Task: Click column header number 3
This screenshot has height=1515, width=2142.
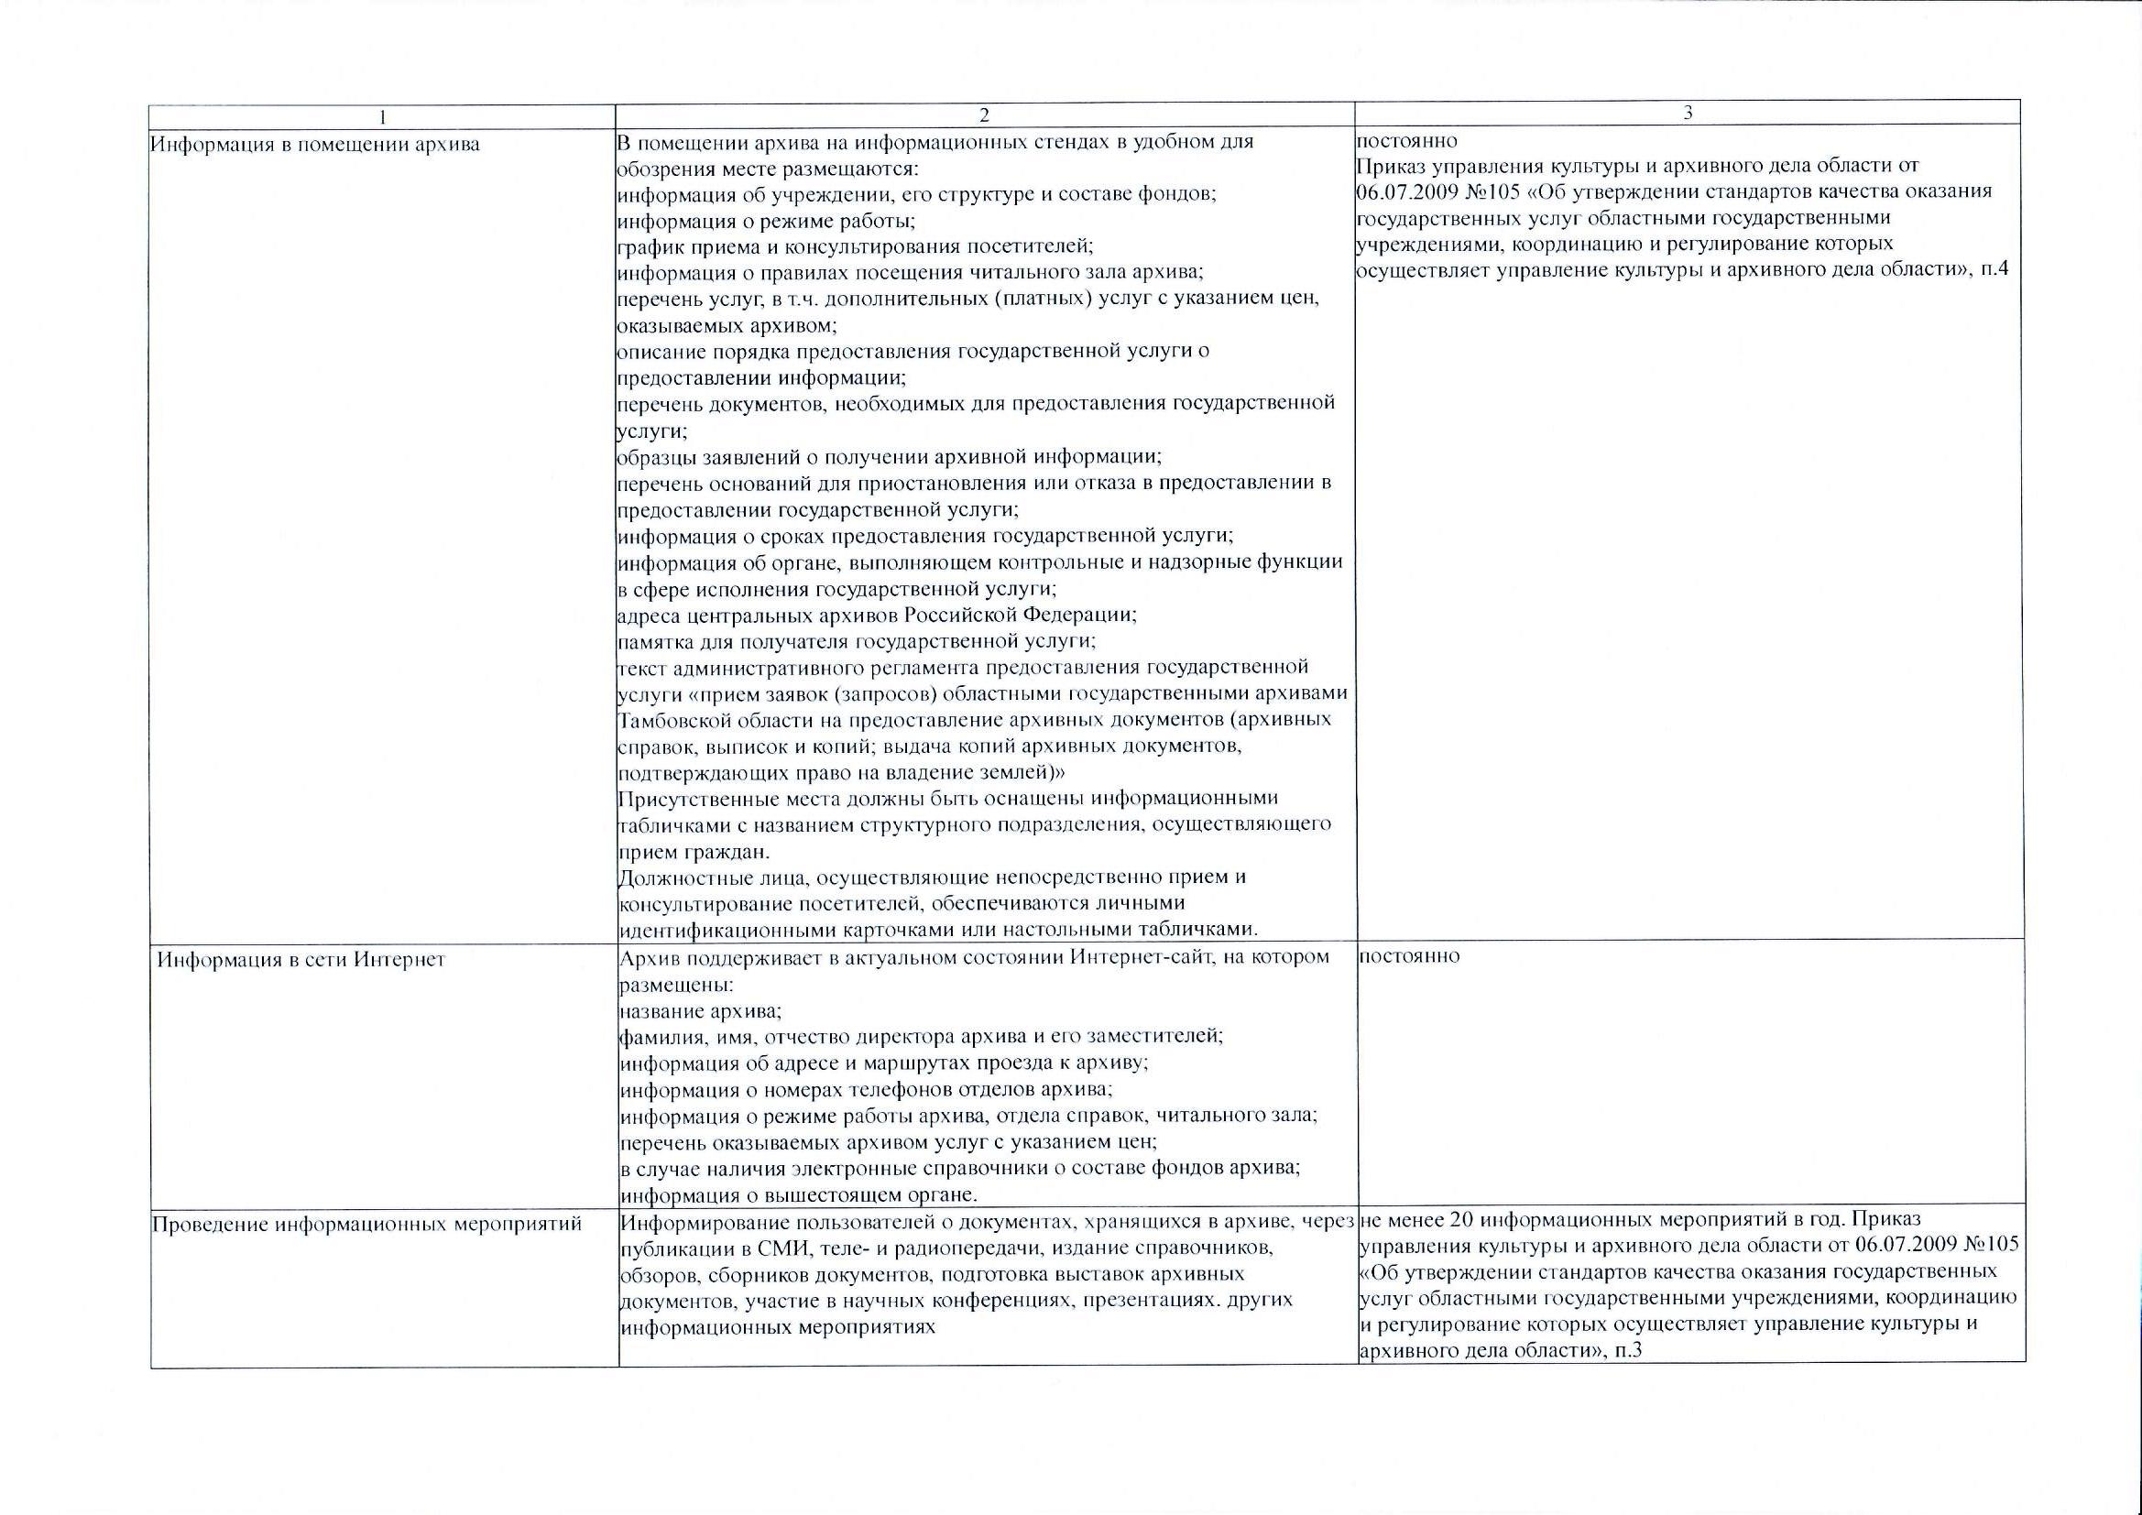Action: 1688,113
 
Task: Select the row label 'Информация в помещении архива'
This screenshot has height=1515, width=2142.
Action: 315,145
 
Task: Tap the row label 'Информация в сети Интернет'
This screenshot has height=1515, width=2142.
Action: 301,960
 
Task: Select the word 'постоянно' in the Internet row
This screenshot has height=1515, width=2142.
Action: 1410,956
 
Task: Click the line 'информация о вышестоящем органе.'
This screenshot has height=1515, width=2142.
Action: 799,1195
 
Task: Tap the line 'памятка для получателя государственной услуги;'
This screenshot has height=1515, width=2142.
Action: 856,642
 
